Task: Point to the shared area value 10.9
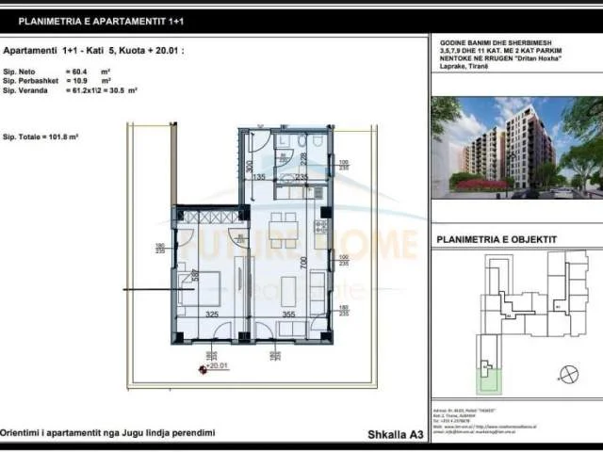tap(79, 81)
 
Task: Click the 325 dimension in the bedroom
tap(212, 315)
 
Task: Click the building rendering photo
tap(516, 146)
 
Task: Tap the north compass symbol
tap(567, 374)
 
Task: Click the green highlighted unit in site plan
tap(488, 380)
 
